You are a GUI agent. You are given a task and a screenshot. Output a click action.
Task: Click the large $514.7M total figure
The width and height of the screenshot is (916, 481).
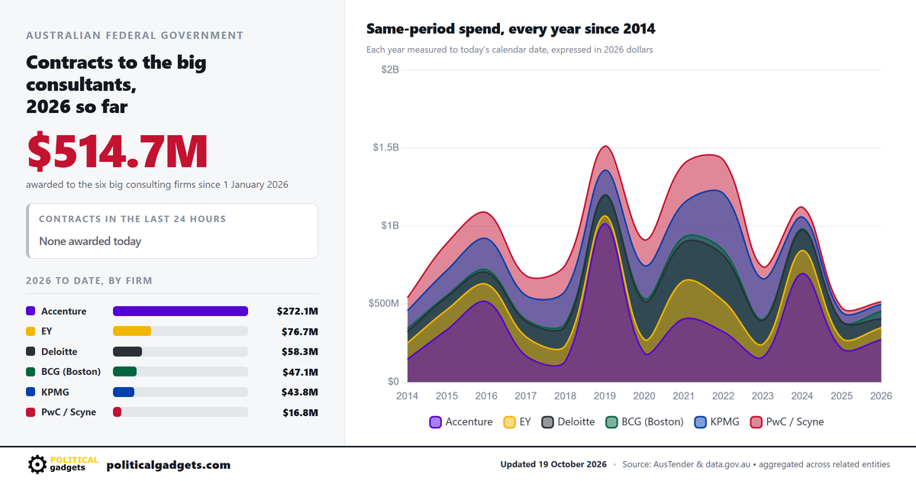point(118,151)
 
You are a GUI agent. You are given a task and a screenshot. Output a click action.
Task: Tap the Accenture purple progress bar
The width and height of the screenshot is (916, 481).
point(180,312)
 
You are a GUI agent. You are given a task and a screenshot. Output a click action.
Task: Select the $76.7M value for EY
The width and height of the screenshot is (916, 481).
point(300,331)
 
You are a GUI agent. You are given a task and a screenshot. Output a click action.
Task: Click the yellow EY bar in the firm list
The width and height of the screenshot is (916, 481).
point(132,331)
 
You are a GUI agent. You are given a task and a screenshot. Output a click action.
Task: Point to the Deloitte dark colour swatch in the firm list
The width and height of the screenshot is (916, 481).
point(31,351)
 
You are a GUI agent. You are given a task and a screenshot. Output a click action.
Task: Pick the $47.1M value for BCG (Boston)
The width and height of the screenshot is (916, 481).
point(300,372)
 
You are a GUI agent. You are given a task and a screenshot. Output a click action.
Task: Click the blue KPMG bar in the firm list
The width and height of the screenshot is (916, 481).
point(124,392)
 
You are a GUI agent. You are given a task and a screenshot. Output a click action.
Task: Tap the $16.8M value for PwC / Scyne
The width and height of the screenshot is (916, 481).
point(300,412)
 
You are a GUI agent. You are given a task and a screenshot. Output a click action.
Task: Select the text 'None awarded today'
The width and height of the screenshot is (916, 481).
point(90,241)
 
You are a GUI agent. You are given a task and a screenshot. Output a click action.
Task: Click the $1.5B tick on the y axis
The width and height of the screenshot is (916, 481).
point(385,147)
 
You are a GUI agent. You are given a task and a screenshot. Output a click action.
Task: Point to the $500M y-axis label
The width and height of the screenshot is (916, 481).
point(383,304)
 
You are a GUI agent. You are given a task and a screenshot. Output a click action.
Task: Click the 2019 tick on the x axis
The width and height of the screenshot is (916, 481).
point(605,396)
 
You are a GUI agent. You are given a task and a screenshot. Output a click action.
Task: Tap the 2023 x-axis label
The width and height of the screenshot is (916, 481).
point(763,396)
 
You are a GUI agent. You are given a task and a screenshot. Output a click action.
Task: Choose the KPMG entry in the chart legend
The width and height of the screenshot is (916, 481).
point(717,421)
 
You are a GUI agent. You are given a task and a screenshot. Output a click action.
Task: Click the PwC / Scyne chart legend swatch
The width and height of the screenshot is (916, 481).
point(756,422)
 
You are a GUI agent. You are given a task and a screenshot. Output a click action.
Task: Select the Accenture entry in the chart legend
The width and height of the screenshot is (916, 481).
point(461,421)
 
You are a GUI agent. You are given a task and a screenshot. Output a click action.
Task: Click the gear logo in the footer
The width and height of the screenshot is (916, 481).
point(37,464)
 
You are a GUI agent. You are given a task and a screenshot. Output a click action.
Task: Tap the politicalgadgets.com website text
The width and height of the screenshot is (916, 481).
point(169,465)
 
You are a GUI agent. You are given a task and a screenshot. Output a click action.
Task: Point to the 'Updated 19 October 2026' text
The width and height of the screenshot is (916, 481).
point(553,464)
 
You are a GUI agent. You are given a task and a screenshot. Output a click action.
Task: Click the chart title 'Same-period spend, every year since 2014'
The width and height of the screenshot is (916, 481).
point(511,29)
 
